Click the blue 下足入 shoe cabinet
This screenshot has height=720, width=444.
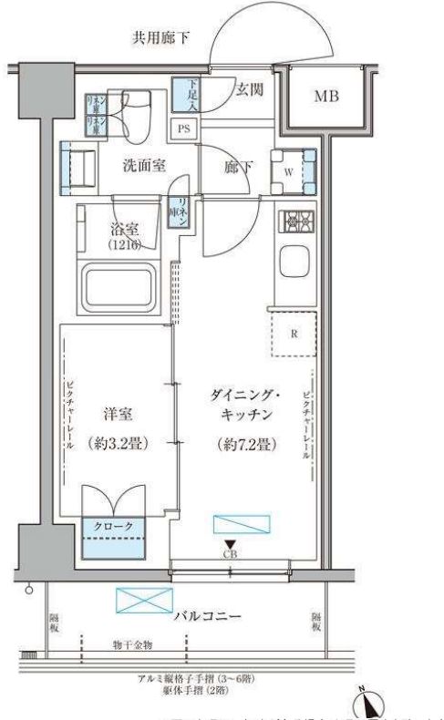click(x=188, y=96)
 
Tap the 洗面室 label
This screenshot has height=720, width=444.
click(x=145, y=166)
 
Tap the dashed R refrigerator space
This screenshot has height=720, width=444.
click(x=294, y=333)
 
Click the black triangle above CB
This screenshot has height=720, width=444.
click(x=230, y=544)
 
